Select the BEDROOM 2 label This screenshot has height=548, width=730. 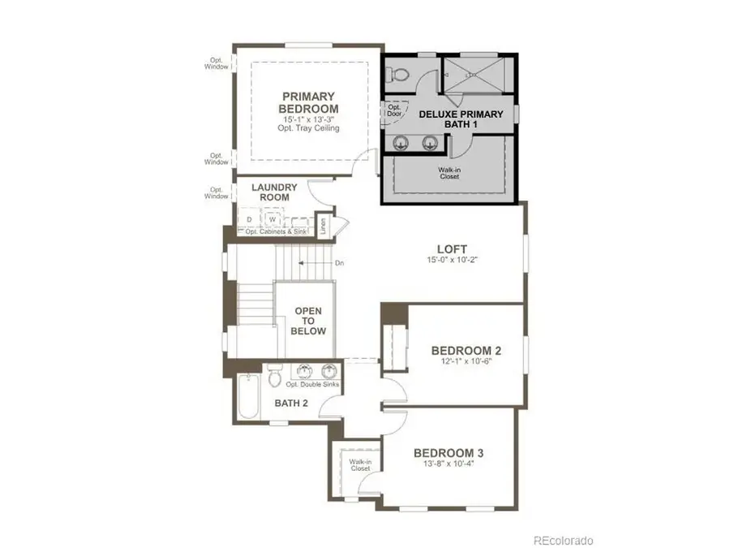point(466,351)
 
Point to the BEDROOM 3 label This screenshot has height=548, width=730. point(449,452)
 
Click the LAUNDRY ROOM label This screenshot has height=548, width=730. point(274,192)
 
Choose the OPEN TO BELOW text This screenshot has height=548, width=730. point(309,321)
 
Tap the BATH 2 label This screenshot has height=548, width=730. point(291,403)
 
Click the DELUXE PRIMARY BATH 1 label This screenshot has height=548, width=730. point(461,119)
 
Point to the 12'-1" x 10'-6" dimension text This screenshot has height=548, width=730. point(466,362)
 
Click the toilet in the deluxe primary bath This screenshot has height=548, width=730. point(397,75)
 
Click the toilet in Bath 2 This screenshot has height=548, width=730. point(275,376)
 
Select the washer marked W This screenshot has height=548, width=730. point(272,220)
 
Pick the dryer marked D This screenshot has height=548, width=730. point(249,220)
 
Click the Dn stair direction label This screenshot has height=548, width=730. point(339,263)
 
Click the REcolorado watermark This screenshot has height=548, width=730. point(562,540)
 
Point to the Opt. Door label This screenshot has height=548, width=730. point(395,111)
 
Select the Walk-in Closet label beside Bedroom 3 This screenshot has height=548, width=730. point(359,465)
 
